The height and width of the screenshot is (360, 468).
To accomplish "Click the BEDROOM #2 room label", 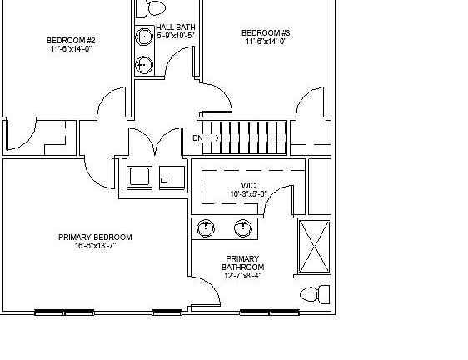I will (x=71, y=40).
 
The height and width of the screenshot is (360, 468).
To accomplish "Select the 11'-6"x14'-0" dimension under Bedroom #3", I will (x=266, y=41).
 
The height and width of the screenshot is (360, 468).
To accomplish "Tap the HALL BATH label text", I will (x=175, y=27).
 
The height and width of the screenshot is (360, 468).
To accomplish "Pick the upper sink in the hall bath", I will (x=143, y=37).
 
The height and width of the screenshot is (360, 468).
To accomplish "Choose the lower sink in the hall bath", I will (x=143, y=63).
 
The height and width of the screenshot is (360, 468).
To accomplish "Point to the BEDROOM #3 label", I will (x=266, y=32).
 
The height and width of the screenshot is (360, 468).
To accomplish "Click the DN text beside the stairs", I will (x=197, y=137).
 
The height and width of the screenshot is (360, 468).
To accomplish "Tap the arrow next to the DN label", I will (x=209, y=137).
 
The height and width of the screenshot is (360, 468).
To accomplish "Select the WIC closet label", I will (x=248, y=186).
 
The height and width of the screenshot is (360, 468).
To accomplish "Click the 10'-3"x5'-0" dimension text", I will (x=248, y=194).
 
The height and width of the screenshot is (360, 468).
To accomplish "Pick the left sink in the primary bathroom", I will (x=206, y=227).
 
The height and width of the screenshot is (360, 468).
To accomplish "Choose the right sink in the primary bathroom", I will (x=243, y=227).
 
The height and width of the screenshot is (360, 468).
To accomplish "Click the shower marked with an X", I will (x=314, y=246).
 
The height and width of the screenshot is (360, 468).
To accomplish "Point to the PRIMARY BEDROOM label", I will (x=95, y=237).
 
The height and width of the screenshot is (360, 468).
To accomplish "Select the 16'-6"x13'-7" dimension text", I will (x=95, y=246).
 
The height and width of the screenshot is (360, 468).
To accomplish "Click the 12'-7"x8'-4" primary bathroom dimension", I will (x=242, y=276).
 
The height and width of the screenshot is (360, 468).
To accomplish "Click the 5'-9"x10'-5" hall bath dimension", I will (x=175, y=35).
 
